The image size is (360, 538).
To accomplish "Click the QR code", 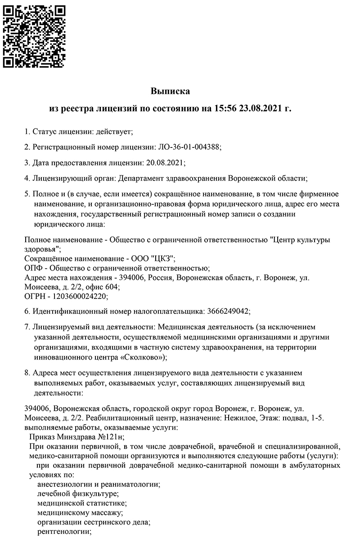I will pyautogui.click(x=34, y=36).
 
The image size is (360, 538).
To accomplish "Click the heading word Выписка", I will pyautogui.click(x=170, y=91).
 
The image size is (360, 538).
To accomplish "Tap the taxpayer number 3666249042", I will pyautogui.click(x=227, y=311).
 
